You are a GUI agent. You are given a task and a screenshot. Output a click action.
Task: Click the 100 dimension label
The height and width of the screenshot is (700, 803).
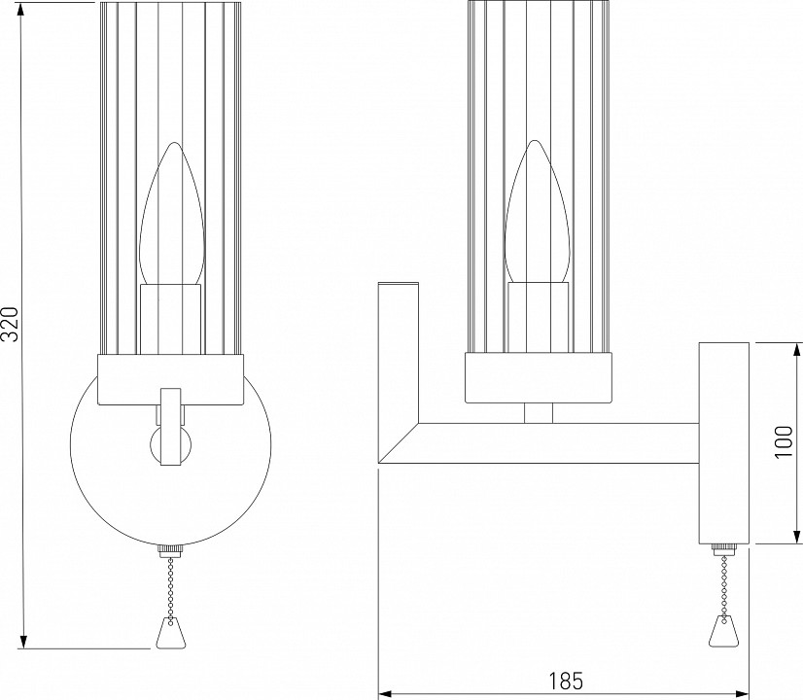pos(786,443)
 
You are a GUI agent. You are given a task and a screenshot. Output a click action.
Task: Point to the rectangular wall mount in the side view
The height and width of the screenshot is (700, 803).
pos(722,442)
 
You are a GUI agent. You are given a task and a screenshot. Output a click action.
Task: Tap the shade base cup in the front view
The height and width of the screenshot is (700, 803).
pos(170,379)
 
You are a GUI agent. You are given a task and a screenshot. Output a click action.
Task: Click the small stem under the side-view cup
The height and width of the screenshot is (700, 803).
pos(538,413)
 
